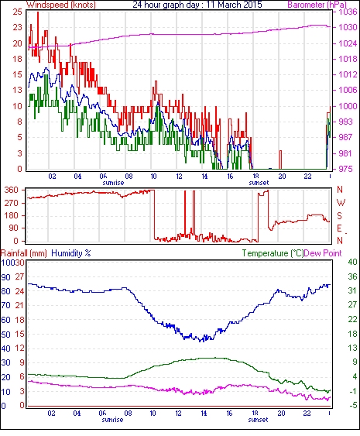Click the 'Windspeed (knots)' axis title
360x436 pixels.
click(61, 5)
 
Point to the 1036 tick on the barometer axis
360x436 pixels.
click(348, 12)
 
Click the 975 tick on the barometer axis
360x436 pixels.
click(345, 169)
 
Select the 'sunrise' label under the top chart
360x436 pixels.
click(113, 183)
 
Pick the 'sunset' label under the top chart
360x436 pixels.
click(259, 183)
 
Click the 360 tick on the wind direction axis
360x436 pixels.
click(12, 191)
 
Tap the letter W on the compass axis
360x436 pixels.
click(341, 203)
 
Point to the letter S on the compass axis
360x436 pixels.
click(339, 215)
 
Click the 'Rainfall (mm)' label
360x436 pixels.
click(24, 253)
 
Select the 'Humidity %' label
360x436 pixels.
click(71, 253)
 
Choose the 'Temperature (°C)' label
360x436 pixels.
click(273, 253)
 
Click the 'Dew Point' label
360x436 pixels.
click(323, 253)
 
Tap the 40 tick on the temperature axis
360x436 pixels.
click(352, 262)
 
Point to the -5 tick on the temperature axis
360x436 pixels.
click(353, 406)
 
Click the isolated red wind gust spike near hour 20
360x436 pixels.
click(280, 160)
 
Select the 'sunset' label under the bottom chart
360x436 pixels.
click(259, 420)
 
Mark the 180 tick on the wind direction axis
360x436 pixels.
click(12, 215)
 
